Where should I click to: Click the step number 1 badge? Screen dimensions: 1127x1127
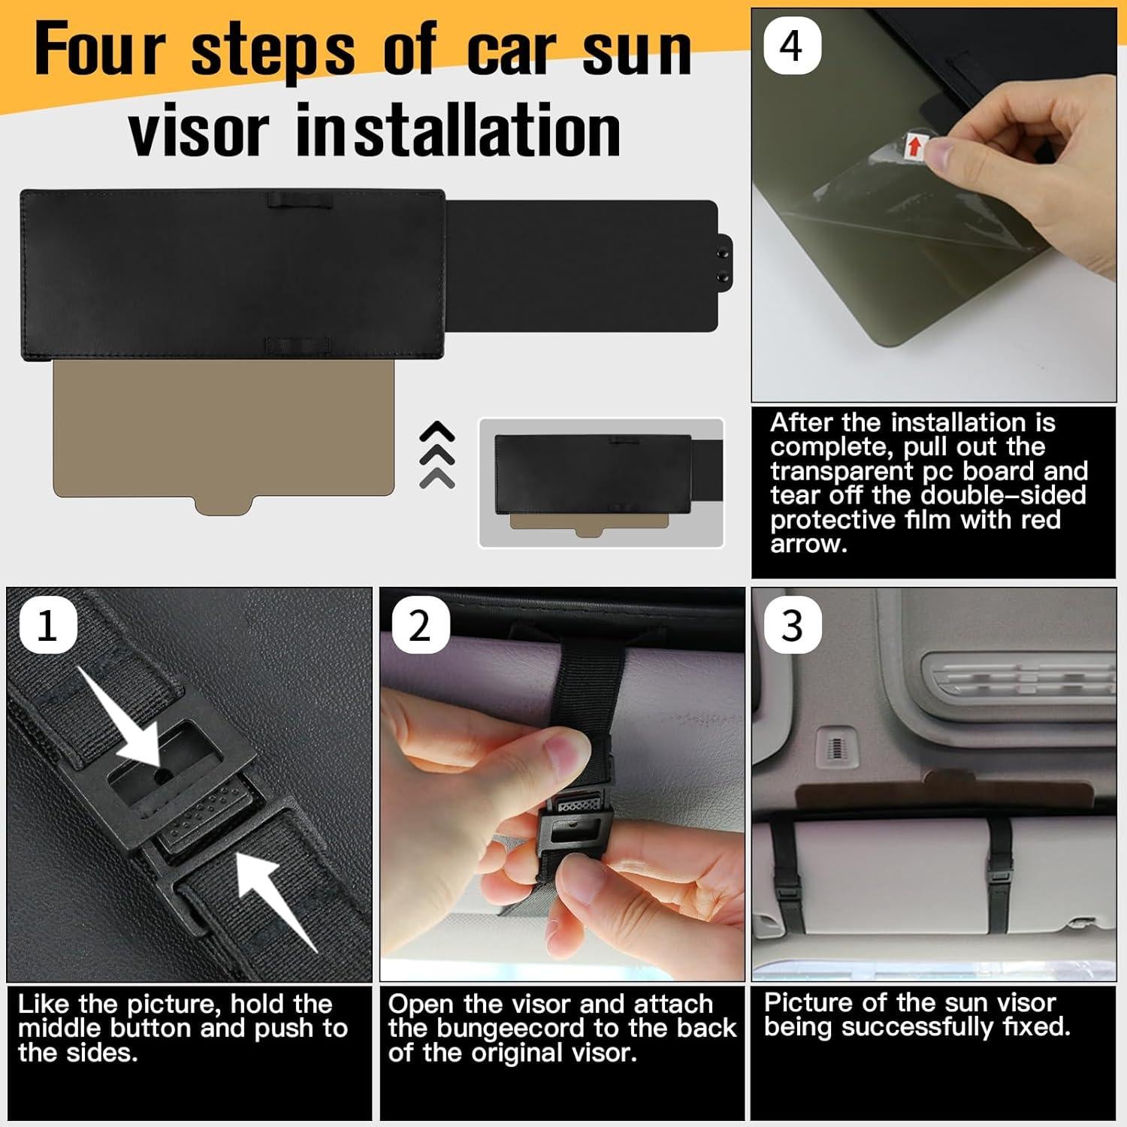(x=47, y=625)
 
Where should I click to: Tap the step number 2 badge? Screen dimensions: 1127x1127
(x=420, y=625)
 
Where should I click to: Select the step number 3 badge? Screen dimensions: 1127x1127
(x=793, y=625)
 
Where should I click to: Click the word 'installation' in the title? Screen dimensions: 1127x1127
(x=458, y=131)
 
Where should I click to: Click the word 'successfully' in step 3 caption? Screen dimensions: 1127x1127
(x=917, y=1027)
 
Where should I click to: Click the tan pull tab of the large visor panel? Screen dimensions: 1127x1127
(x=223, y=505)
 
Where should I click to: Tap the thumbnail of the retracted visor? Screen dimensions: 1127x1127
(x=601, y=483)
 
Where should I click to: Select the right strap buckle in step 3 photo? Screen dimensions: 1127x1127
(x=999, y=874)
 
